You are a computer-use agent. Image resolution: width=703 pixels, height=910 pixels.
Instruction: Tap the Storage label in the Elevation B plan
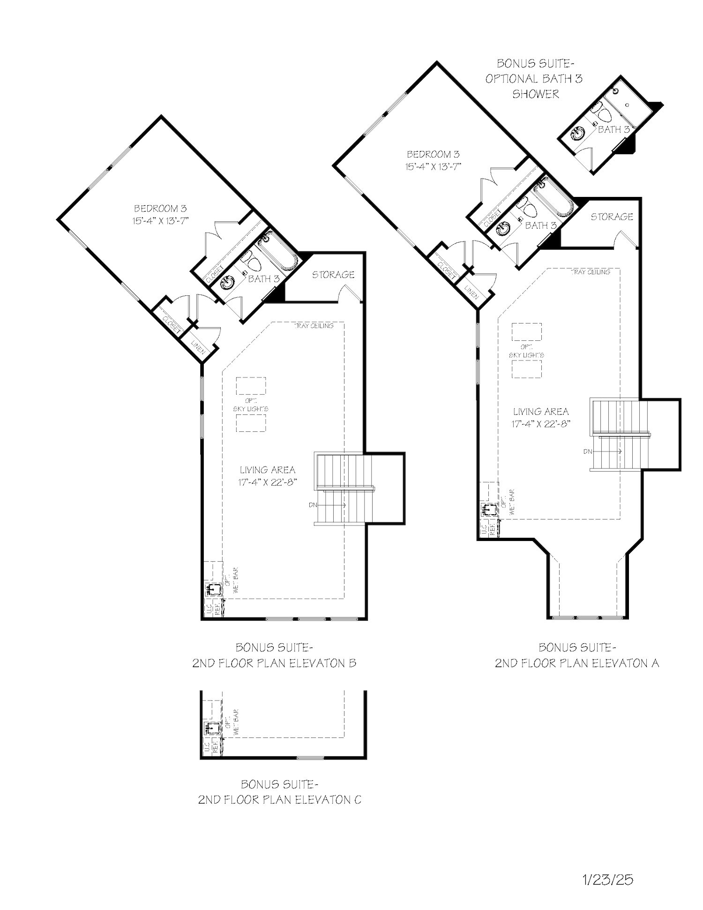point(333,275)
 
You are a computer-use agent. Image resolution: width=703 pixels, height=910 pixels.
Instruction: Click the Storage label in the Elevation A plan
point(612,217)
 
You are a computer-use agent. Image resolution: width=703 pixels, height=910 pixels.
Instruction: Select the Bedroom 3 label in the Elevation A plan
point(433,154)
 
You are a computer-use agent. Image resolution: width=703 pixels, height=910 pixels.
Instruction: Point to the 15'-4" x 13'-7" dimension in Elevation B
point(160,221)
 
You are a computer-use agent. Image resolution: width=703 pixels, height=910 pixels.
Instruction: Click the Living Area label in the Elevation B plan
point(268,470)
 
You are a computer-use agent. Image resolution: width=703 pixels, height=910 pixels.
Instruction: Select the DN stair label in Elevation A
point(588,451)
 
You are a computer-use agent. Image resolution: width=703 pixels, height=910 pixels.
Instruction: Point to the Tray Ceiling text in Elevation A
point(591,272)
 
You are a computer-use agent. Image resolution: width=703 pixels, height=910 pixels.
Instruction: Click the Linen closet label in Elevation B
point(198,345)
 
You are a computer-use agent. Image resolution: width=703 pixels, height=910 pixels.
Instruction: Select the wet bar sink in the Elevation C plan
point(212,728)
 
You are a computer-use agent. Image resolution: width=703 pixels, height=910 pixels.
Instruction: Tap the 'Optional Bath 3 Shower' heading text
point(534,79)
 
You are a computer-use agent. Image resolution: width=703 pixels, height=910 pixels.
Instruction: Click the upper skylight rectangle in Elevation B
point(251,386)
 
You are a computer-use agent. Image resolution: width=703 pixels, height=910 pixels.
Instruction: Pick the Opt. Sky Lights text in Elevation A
point(526,351)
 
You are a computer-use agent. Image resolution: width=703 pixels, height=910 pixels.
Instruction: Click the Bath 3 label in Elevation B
point(263,279)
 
